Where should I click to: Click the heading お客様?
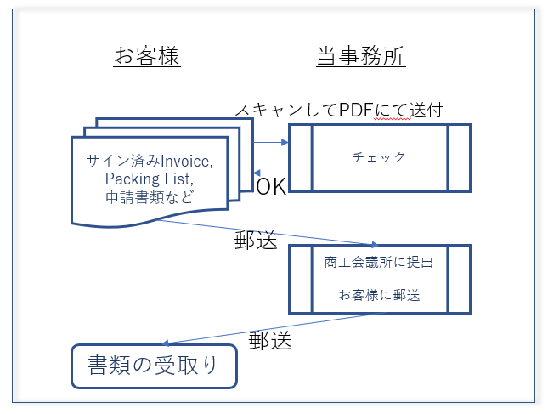(x=147, y=57)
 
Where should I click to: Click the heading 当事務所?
(x=360, y=57)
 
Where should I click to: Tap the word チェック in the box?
(x=379, y=157)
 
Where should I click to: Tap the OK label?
(x=271, y=187)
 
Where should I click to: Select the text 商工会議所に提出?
(x=379, y=263)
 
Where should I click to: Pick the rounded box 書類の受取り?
(x=153, y=366)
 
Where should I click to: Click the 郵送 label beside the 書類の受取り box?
(x=270, y=341)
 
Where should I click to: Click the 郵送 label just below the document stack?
(x=256, y=240)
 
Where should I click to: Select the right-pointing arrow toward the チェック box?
(x=272, y=142)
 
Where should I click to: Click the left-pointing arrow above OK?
(x=272, y=173)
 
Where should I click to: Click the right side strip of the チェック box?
(x=459, y=157)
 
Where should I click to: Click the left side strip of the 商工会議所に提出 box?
(x=301, y=279)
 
